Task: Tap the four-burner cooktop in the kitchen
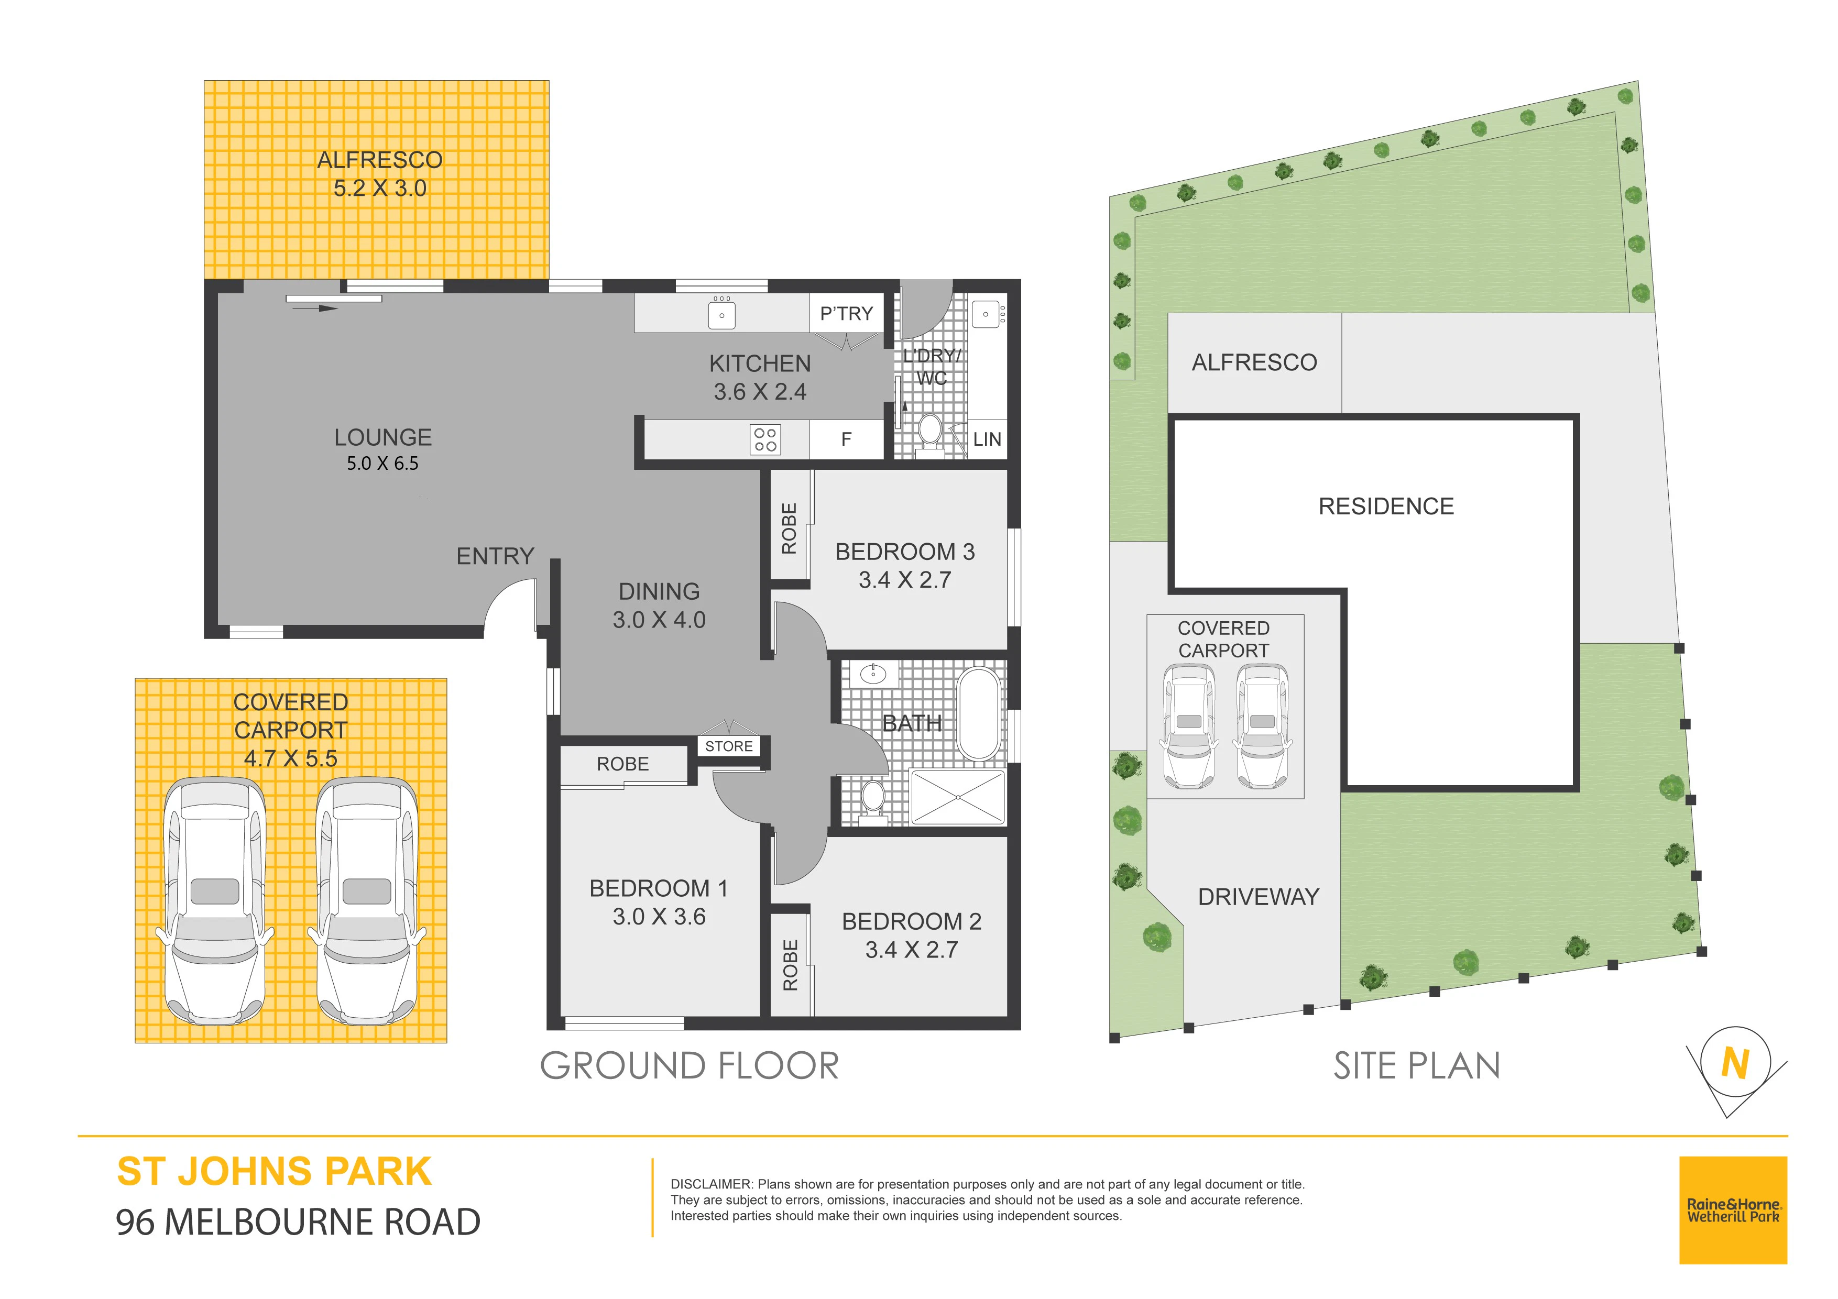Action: click(x=765, y=439)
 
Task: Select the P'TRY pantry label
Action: click(x=846, y=314)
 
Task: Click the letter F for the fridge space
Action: click(x=846, y=439)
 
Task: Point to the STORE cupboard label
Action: click(x=728, y=746)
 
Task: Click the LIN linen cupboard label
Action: click(x=987, y=439)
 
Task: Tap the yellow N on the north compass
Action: click(x=1735, y=1064)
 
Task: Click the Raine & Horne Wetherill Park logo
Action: click(x=1733, y=1210)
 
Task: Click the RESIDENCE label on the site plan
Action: click(x=1386, y=506)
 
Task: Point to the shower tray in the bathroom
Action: click(x=957, y=797)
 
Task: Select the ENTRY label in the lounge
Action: click(x=495, y=556)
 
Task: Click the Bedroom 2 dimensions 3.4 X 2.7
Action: click(x=911, y=950)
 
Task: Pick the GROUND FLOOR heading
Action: click(x=690, y=1066)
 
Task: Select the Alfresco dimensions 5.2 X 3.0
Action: click(x=379, y=188)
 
